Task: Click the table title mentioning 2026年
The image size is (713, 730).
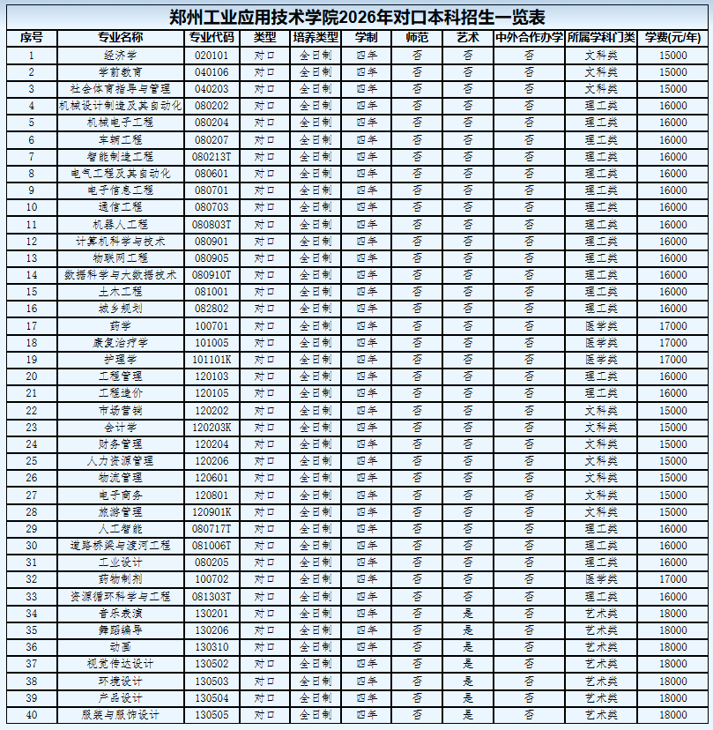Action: [356, 17]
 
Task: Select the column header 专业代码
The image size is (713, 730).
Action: [212, 38]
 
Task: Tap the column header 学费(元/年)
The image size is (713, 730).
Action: [672, 38]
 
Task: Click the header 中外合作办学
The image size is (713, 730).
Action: [529, 38]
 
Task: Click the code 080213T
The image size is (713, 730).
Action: [212, 156]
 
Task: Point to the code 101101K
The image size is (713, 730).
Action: [212, 360]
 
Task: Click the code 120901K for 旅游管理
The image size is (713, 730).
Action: [212, 512]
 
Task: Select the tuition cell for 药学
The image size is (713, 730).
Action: [672, 326]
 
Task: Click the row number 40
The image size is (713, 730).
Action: [32, 715]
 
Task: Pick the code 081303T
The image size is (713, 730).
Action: [212, 597]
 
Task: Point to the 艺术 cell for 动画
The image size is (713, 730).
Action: [468, 647]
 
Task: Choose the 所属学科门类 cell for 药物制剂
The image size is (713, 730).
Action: [601, 579]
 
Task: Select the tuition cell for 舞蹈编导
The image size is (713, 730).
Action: [672, 630]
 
